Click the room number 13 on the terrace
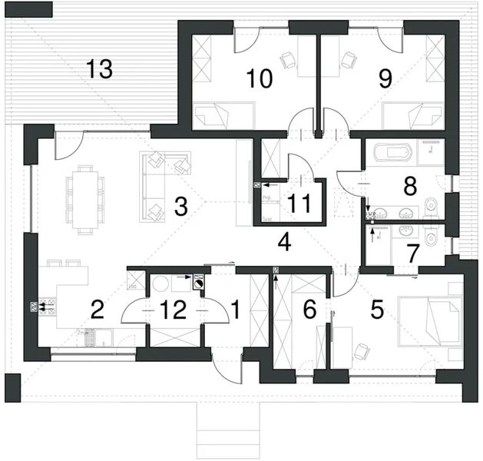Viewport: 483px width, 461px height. coord(100,69)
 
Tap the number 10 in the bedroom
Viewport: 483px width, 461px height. coord(259,78)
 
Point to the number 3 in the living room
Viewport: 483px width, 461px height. coord(181,206)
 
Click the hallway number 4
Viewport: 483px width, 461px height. coord(284,243)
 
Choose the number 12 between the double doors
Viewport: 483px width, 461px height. coord(174,310)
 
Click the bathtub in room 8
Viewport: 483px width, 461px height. coord(390,153)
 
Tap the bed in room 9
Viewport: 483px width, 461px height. coord(414,117)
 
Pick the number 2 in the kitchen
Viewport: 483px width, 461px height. coord(98,310)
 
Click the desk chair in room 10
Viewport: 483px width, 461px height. coord(287,58)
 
